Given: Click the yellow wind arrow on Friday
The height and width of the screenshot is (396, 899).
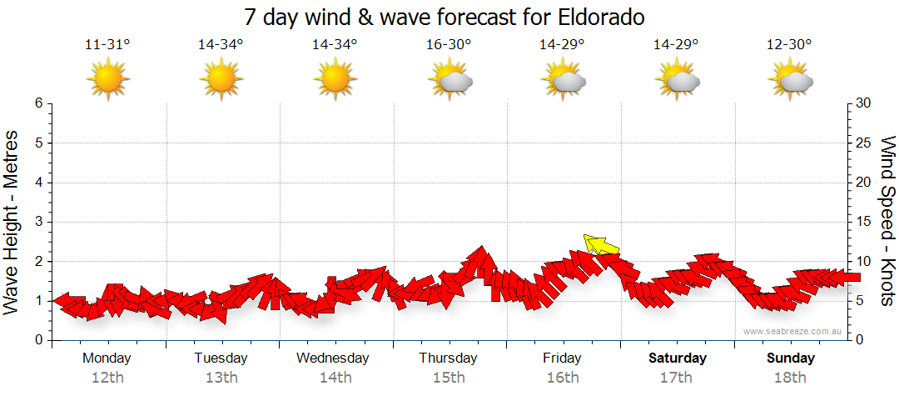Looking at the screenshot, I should (602, 244).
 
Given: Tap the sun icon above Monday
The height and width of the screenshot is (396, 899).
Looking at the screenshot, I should (107, 79).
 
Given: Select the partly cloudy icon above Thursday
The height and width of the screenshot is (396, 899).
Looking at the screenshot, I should (450, 79).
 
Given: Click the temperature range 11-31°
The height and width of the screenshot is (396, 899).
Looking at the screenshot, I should (107, 44).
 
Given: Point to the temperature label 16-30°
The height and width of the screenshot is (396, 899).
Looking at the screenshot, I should (449, 44).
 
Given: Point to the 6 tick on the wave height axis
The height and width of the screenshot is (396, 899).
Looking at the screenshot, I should (38, 103).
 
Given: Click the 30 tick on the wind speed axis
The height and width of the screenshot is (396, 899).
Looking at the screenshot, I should (864, 103).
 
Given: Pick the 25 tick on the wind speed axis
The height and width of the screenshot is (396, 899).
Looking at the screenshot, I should (864, 143).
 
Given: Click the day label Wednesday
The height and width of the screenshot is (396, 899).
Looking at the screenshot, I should (333, 358).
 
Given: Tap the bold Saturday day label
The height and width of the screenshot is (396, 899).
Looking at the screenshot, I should (678, 358).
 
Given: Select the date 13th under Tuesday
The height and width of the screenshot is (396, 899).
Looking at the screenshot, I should (221, 378).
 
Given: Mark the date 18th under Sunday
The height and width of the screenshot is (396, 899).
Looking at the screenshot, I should (791, 378).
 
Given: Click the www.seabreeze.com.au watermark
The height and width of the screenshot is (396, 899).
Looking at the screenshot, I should (793, 331).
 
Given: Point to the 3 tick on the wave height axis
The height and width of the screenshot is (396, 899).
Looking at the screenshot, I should (38, 222).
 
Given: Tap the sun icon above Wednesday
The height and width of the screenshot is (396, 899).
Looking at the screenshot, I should (335, 79).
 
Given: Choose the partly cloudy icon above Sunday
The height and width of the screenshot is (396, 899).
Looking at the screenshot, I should (792, 79).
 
